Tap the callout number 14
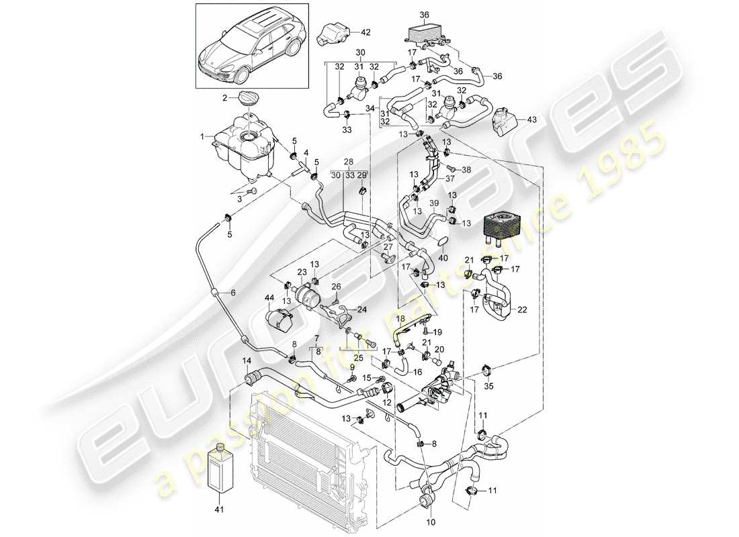(247, 361)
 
